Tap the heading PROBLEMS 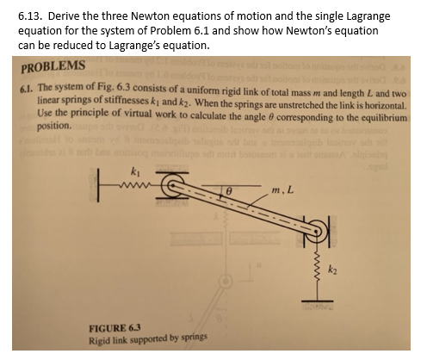53,67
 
